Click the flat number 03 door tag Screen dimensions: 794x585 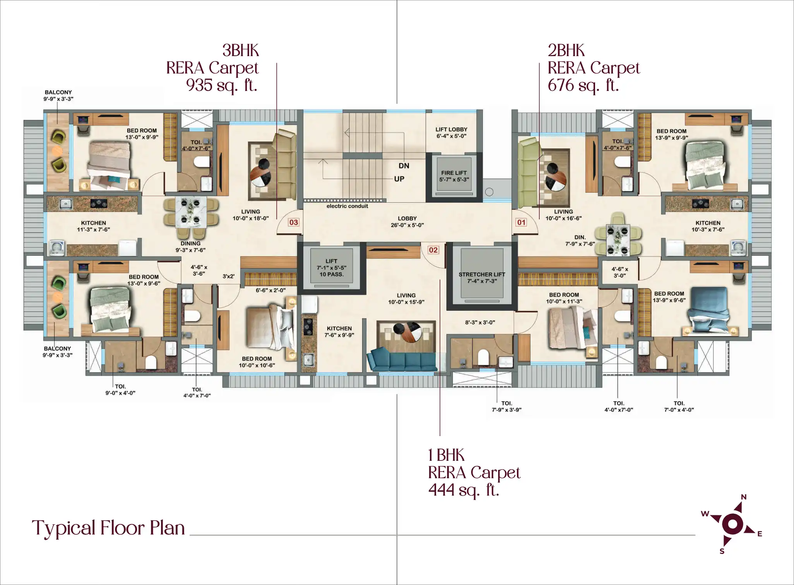point(294,222)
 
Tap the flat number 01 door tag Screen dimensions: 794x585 point(521,222)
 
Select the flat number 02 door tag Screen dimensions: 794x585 point(433,250)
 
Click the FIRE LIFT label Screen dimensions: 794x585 point(454,173)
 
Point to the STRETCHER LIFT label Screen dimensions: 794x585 point(482,274)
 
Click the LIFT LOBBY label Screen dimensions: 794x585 point(451,129)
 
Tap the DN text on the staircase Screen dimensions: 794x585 point(404,166)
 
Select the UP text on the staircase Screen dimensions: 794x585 point(399,179)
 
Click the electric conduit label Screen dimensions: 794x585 point(347,206)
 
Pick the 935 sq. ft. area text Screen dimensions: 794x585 point(222,85)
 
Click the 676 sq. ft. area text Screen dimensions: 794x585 point(583,85)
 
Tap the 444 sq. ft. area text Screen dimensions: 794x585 point(464,490)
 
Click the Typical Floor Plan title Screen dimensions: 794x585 point(108,528)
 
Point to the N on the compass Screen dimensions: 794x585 point(744,497)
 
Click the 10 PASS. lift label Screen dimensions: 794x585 point(331,274)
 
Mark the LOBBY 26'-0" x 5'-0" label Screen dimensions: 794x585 point(407,222)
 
